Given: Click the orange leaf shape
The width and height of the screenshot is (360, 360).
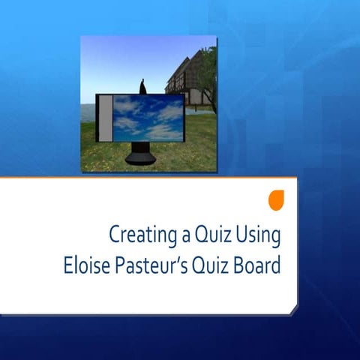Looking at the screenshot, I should pyautogui.click(x=277, y=199).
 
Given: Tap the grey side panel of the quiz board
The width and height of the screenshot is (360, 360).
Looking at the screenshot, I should pyautogui.click(x=106, y=118).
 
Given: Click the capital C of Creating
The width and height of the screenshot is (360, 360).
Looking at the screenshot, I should pyautogui.click(x=115, y=235).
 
